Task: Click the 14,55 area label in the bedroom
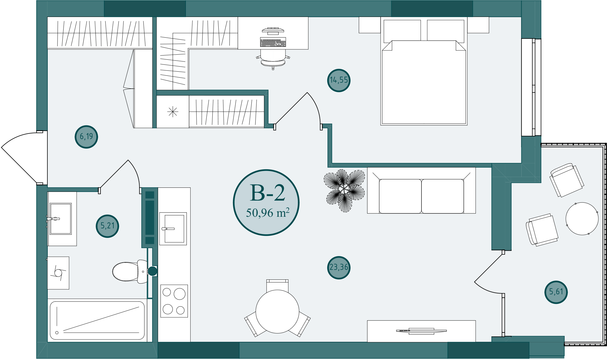point(339,80)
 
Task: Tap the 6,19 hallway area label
point(86,136)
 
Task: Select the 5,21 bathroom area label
point(107,226)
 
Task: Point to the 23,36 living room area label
point(339,267)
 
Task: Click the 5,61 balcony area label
point(556,292)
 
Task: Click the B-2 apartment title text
point(268,193)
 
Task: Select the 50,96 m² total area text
point(268,213)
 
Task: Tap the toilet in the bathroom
point(130,271)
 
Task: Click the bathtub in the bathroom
point(97,320)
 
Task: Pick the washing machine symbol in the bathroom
point(58,273)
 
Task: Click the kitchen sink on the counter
point(173,229)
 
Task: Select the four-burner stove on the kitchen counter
point(174,301)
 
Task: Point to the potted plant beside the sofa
point(344,190)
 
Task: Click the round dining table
point(277,311)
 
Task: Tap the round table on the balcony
point(582,219)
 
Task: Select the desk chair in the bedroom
point(273,59)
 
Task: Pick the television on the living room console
point(421,331)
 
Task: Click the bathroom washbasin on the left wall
point(61,219)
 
